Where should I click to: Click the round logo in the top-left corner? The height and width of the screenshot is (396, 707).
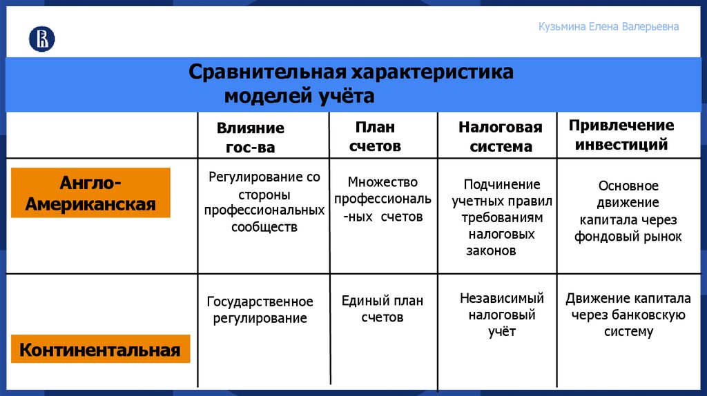point(41,39)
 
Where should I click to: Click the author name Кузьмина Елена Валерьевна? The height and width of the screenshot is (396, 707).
point(608,27)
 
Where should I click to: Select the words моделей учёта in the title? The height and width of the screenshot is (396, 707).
point(299,97)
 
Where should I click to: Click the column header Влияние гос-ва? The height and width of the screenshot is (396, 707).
point(250,137)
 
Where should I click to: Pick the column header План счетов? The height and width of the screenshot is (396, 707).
point(375,137)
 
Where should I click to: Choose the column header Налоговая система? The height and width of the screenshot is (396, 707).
point(501,137)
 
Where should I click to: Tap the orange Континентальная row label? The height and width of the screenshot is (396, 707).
point(100,350)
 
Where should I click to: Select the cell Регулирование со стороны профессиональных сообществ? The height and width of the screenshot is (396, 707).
point(264,202)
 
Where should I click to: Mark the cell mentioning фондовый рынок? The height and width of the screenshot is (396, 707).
point(628,211)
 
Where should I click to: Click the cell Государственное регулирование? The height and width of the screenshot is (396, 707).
point(260,310)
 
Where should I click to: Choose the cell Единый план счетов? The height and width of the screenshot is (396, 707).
point(382,309)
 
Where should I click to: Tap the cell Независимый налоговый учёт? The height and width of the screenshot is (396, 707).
point(502,315)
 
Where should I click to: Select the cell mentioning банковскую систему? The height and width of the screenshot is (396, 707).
point(628,315)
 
